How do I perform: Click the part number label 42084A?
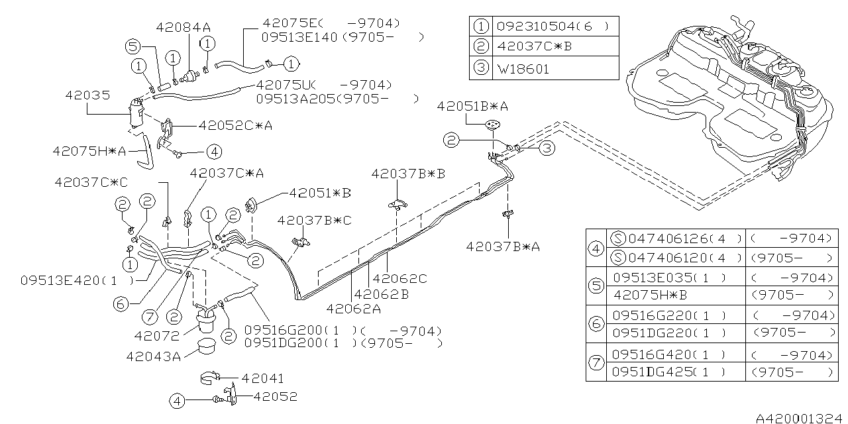(x=184, y=27)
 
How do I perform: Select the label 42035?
(x=87, y=95)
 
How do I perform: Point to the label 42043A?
(x=154, y=356)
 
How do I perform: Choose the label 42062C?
(x=399, y=279)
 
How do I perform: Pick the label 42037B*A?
(x=503, y=246)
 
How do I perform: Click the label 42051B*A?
(x=472, y=106)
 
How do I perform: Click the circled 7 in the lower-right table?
(x=596, y=362)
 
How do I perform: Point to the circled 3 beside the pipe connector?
(x=546, y=148)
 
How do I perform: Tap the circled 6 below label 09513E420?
(x=120, y=304)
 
